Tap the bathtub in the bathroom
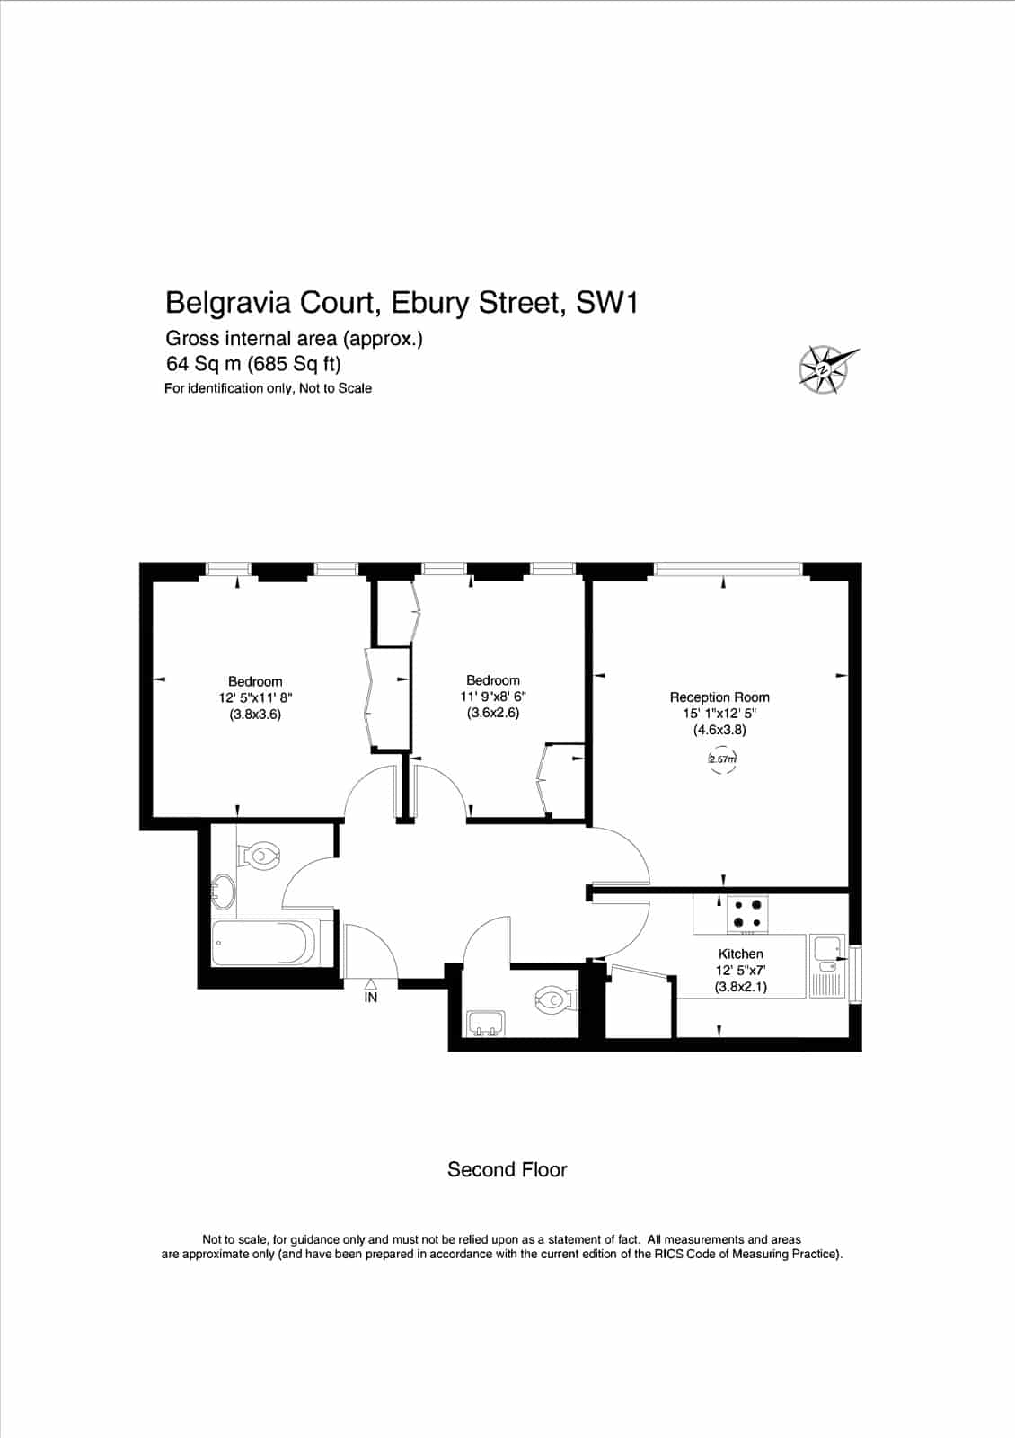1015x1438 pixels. (x=266, y=943)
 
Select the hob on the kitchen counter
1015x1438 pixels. (x=747, y=913)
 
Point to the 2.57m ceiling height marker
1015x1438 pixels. (x=722, y=759)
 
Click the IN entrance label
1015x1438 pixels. (x=371, y=998)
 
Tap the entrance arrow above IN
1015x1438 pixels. (x=371, y=983)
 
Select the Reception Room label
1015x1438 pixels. (x=719, y=697)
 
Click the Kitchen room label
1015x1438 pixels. (x=740, y=954)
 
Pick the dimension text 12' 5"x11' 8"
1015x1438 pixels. (x=255, y=697)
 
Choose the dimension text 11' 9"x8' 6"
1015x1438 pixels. (x=493, y=696)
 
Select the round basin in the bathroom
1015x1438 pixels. (x=224, y=891)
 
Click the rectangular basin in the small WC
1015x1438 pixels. (x=486, y=1023)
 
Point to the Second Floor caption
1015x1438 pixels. (x=507, y=1169)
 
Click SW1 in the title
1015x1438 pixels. (x=607, y=302)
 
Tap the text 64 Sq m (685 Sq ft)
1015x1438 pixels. (x=253, y=364)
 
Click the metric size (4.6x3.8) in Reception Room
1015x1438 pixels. (x=719, y=729)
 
